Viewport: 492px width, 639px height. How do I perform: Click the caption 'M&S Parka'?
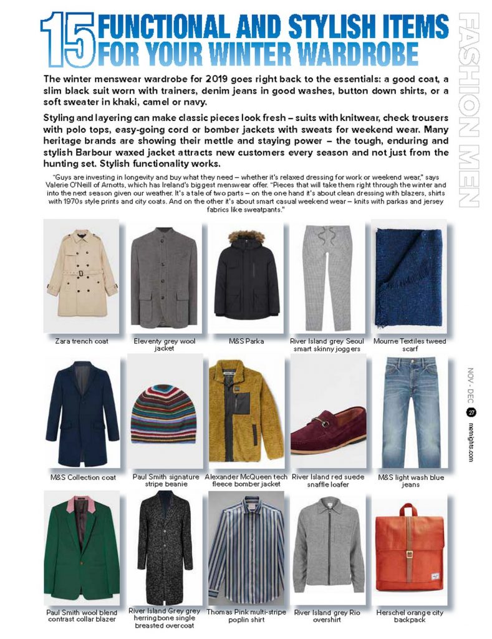coord(246,342)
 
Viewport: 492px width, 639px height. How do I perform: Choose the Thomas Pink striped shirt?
coord(246,549)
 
